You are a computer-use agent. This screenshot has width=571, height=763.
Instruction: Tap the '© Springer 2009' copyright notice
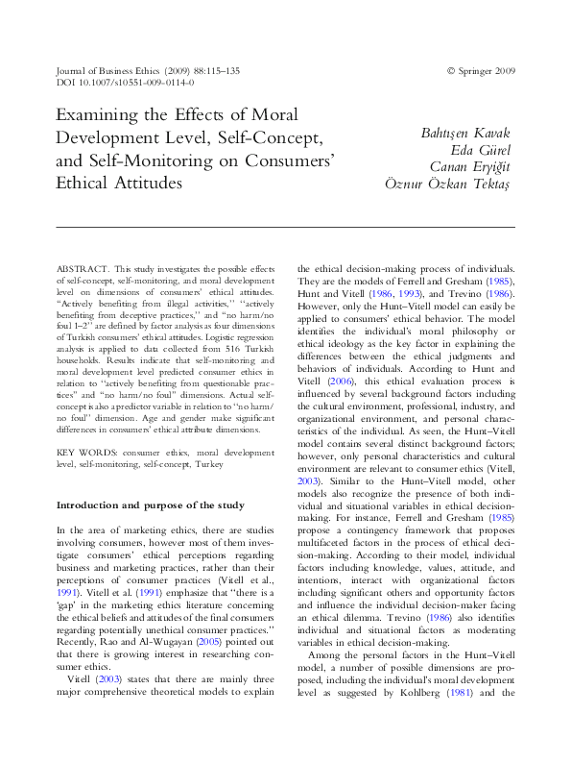[481, 70]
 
